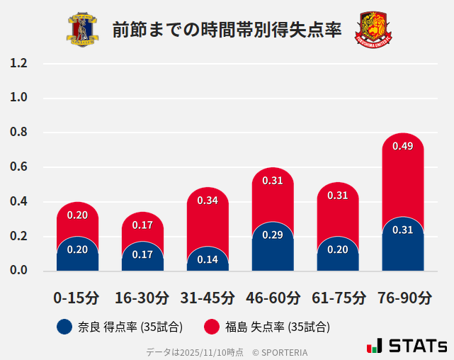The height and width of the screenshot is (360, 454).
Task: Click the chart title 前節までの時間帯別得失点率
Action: (x=227, y=29)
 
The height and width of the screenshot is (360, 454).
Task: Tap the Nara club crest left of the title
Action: (x=83, y=29)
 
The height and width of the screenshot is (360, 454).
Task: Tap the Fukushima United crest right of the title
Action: (x=373, y=29)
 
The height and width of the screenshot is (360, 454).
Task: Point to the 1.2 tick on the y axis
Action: (x=19, y=64)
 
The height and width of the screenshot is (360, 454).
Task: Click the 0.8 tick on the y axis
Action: (x=19, y=133)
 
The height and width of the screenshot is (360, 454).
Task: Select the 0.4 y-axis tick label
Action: (x=19, y=202)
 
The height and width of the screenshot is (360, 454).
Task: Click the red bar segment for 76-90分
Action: (x=402, y=177)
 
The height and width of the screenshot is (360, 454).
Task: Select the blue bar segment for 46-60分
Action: (x=273, y=248)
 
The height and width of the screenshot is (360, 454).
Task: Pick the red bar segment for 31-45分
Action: (x=208, y=220)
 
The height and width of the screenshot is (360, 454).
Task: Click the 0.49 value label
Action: (x=402, y=147)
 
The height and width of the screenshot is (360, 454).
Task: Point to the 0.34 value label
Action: (x=208, y=201)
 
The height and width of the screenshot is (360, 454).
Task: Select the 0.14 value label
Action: (x=208, y=259)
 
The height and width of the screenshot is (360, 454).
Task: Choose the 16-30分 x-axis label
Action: (x=142, y=298)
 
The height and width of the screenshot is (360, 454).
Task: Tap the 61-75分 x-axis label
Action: (x=338, y=298)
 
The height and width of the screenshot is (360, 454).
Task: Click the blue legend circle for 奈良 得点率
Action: (x=64, y=327)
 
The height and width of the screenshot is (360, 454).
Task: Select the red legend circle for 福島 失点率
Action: (x=210, y=327)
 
